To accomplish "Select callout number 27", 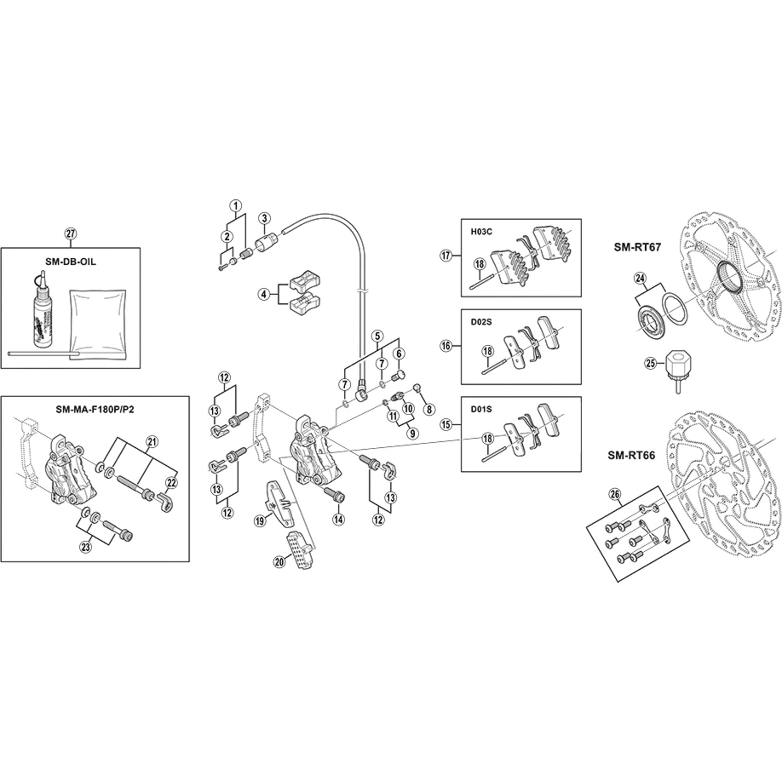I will [70, 233].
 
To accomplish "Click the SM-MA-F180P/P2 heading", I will [95, 409].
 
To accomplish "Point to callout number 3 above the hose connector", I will [264, 218].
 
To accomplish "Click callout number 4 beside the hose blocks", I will [264, 294].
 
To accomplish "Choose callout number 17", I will [446, 256].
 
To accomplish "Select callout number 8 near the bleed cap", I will [429, 409].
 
